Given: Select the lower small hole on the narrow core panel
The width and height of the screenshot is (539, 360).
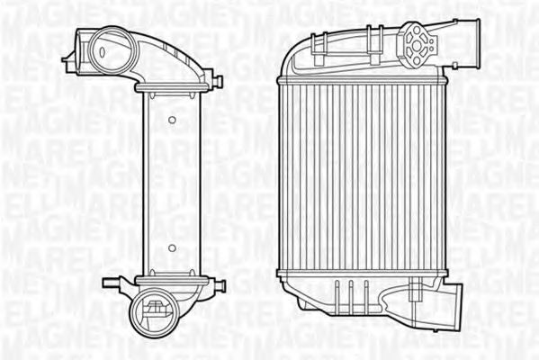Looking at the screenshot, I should pyautogui.click(x=171, y=246).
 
